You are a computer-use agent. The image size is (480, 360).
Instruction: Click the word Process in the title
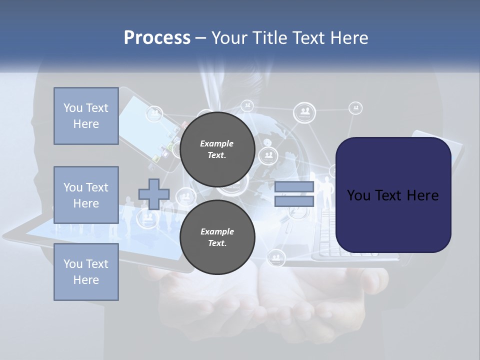click(157, 37)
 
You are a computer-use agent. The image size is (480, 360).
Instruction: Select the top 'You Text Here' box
click(86, 116)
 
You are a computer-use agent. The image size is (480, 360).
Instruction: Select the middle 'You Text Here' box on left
click(86, 195)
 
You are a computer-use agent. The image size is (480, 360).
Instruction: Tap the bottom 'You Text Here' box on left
click(86, 272)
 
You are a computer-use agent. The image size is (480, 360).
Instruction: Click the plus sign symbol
click(154, 194)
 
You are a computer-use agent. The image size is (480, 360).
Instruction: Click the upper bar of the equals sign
click(294, 187)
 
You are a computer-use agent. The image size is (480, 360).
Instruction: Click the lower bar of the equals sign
click(294, 201)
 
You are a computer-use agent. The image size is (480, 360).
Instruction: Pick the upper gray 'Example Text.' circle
click(217, 149)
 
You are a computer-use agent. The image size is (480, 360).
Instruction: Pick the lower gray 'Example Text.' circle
click(217, 237)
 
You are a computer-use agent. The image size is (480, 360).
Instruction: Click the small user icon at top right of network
click(355, 107)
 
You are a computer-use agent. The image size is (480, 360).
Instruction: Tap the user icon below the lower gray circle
click(276, 258)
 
